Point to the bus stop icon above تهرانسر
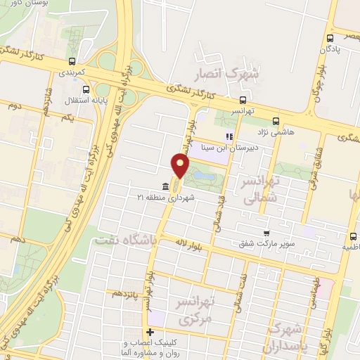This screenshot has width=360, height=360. click(x=243, y=100)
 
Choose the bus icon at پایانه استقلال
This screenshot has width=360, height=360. click(x=86, y=90)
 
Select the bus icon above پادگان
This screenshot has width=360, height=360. click(x=330, y=39)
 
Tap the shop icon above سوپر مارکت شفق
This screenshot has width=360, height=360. click(x=266, y=233)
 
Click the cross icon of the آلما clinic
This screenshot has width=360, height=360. click(x=149, y=332)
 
